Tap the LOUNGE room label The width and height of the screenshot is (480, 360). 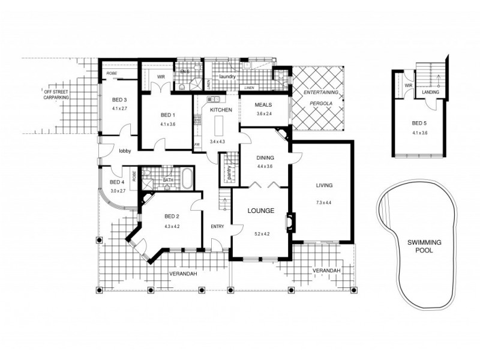(260, 211)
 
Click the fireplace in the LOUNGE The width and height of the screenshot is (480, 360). (290, 222)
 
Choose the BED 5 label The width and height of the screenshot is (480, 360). (419, 124)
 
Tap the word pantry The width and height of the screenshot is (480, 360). (228, 172)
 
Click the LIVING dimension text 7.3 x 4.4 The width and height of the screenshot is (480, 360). (324, 203)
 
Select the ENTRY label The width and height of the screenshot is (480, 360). (217, 226)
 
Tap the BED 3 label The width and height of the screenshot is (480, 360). (119, 100)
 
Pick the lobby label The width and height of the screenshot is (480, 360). (125, 151)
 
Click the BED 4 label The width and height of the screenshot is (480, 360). (117, 182)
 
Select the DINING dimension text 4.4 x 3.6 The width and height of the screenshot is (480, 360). (265, 166)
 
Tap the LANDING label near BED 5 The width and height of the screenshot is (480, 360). (430, 92)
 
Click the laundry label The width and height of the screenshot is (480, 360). (227, 77)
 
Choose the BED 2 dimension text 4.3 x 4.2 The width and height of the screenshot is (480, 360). (172, 226)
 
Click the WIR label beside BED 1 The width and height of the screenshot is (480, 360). (161, 77)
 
